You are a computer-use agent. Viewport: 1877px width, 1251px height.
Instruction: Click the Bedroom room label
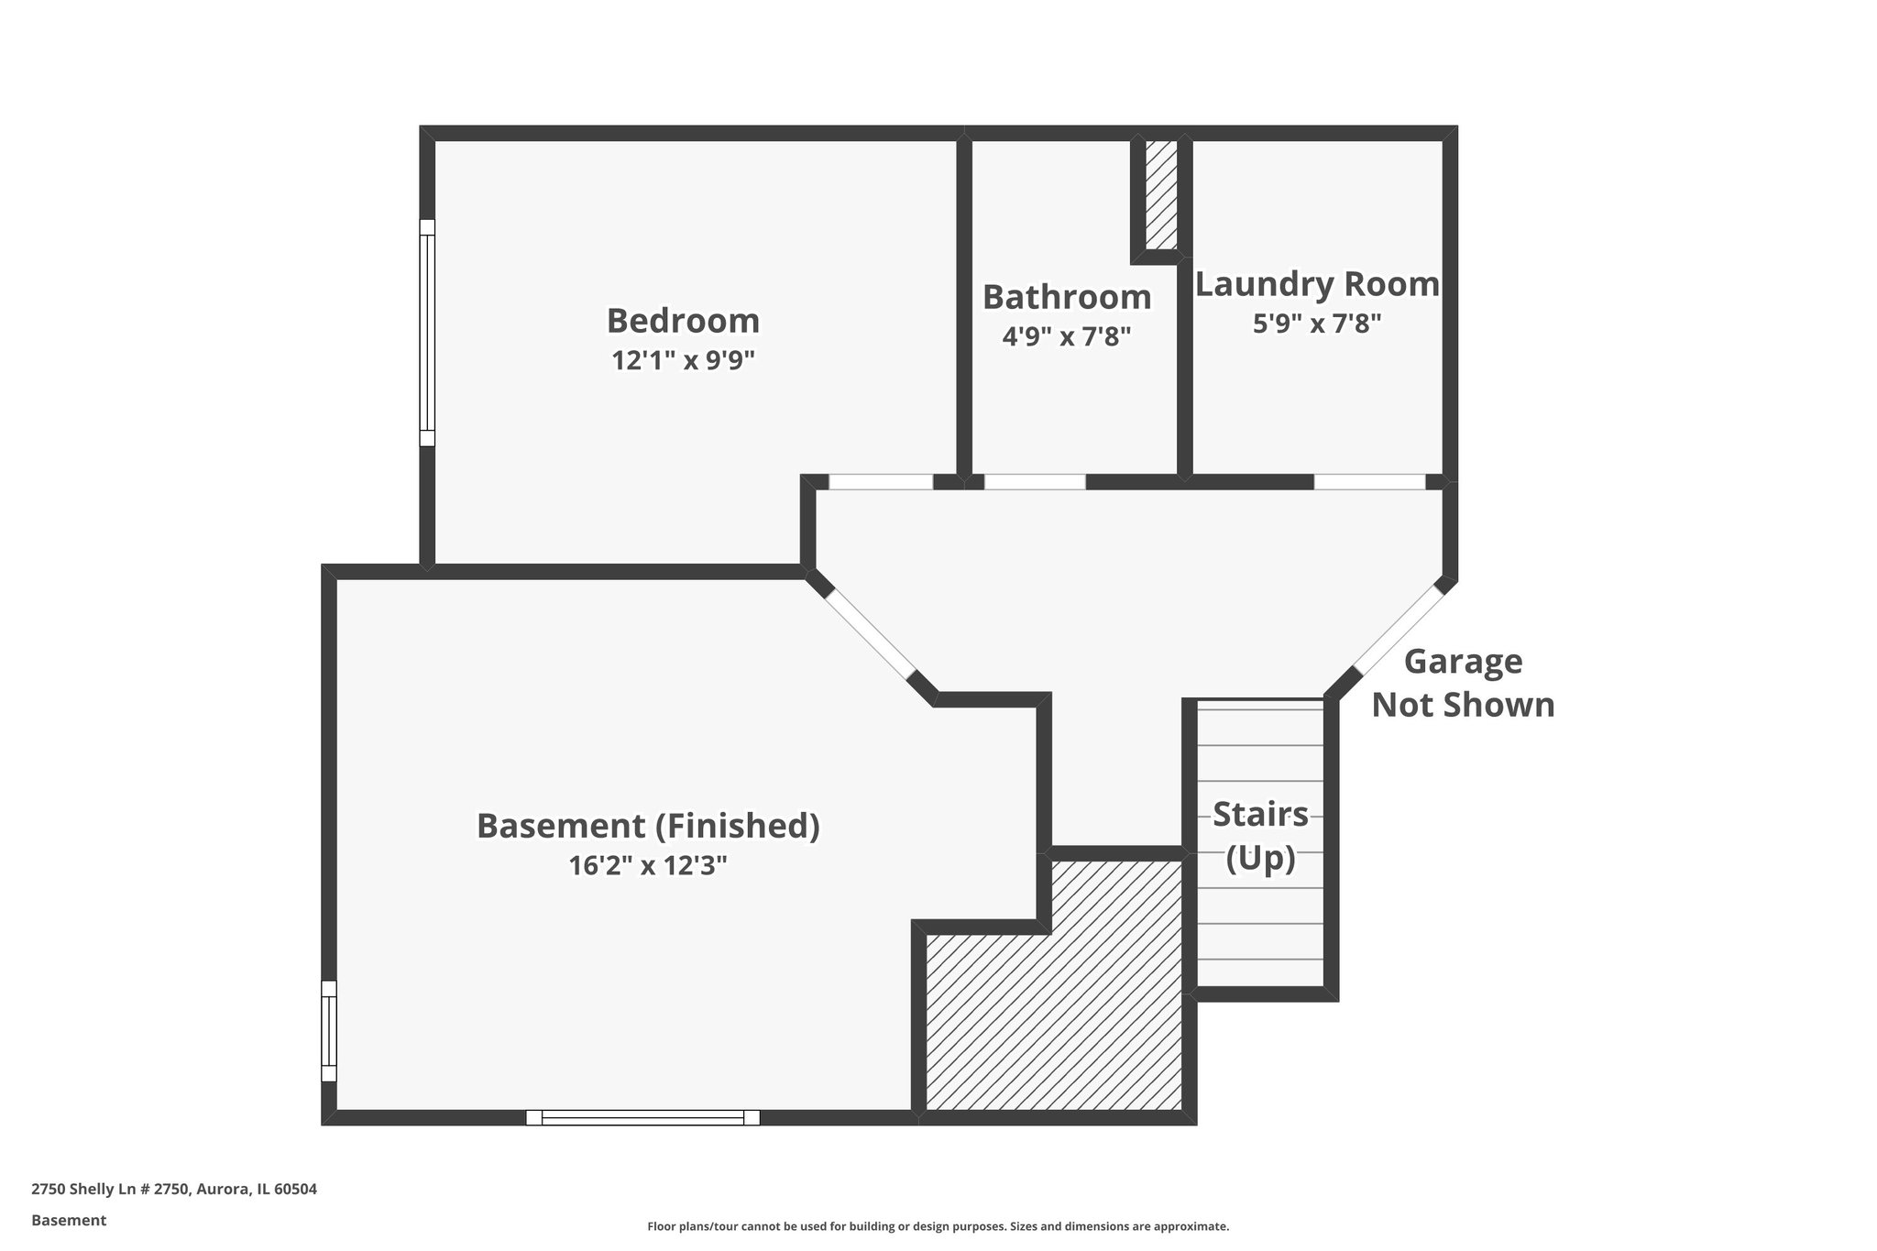(x=683, y=321)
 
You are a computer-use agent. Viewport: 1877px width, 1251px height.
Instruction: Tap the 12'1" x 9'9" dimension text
(x=683, y=360)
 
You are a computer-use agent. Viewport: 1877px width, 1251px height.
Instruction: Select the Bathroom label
(x=1067, y=297)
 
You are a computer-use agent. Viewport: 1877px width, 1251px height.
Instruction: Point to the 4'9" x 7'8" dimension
(x=1067, y=336)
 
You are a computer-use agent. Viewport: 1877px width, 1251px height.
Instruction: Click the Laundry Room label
(x=1317, y=284)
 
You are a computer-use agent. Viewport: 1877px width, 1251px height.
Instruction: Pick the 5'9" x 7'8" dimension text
(x=1317, y=323)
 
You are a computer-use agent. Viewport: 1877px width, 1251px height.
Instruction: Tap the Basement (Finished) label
(x=648, y=826)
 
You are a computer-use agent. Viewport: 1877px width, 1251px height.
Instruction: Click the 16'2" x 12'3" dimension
(x=648, y=865)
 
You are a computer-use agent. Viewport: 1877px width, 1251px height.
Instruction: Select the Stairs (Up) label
(x=1260, y=836)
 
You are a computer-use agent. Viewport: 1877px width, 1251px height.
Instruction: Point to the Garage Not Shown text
(x=1463, y=683)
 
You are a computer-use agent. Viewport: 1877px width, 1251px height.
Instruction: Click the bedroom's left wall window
(x=427, y=333)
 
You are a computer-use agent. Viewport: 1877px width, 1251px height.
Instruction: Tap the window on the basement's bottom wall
(x=642, y=1117)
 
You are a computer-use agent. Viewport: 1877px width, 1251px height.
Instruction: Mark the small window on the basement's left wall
(x=329, y=1031)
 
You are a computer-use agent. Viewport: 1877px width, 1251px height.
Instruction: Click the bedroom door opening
(x=881, y=481)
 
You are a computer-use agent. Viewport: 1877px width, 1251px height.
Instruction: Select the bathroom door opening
(x=1035, y=481)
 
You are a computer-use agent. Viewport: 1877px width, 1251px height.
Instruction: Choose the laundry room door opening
(x=1369, y=481)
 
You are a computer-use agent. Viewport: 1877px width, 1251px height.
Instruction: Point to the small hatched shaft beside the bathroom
(x=1161, y=194)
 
